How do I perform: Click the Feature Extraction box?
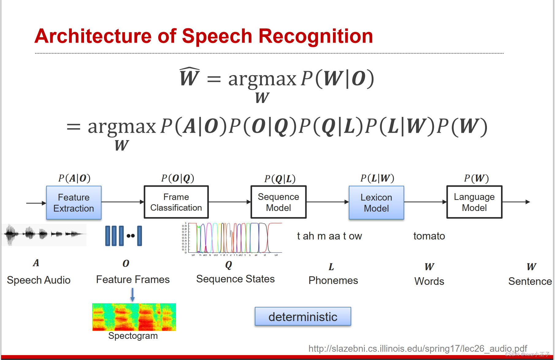[74, 203]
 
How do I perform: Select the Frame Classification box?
[176, 202]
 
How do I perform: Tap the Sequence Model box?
[278, 202]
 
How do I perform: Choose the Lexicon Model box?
[376, 203]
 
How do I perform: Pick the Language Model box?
[474, 202]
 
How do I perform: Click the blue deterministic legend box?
[303, 316]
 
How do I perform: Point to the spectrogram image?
[134, 317]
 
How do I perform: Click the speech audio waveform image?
[44, 235]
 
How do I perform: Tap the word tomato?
[429, 236]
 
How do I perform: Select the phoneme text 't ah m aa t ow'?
[329, 236]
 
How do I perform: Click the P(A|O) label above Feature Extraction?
[74, 178]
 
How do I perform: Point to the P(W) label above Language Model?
[476, 178]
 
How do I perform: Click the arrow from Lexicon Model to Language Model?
[425, 202]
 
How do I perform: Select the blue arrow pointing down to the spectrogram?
[132, 295]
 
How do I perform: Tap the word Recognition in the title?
[316, 36]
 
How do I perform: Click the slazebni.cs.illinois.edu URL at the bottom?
[417, 349]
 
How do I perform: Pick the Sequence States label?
[235, 279]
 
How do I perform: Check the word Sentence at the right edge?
[530, 281]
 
